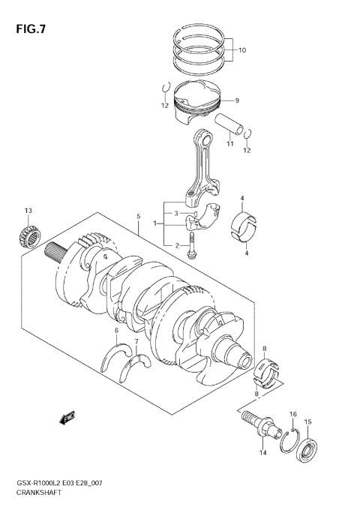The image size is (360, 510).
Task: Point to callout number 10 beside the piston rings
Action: tap(242, 52)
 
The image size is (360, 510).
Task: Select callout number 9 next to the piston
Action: tap(235, 100)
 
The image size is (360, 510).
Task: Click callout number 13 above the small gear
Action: tap(28, 210)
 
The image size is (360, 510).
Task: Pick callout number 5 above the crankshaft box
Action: tap(139, 218)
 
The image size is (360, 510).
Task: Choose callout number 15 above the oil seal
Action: tap(307, 422)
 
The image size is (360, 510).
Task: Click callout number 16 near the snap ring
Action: tap(293, 415)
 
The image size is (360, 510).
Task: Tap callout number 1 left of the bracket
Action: tap(155, 223)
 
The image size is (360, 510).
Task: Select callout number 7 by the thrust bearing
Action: tap(136, 343)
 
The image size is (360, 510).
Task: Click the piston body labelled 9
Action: tap(196, 105)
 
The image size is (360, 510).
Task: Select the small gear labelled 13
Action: tap(28, 235)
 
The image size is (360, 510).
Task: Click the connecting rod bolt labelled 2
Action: tap(193, 246)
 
